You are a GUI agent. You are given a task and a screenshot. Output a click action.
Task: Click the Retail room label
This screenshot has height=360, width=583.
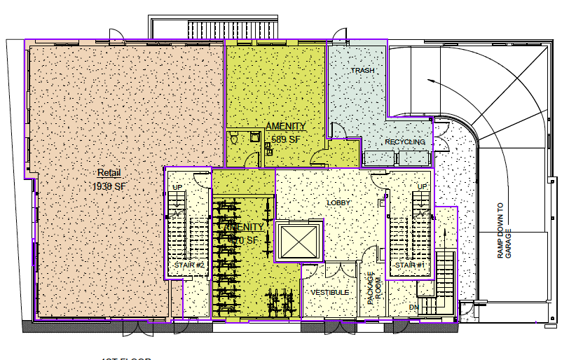[x=109, y=173]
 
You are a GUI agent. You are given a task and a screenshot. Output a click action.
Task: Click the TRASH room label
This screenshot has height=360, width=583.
[x=362, y=71]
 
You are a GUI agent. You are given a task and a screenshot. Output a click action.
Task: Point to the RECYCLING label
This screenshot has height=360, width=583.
[x=405, y=142]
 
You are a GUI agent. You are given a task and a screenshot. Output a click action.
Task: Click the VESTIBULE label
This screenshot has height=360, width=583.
[x=330, y=292]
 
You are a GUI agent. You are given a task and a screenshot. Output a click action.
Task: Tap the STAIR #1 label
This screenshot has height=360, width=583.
[x=409, y=265]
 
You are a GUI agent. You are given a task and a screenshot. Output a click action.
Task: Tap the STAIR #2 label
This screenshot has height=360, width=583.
[x=188, y=265]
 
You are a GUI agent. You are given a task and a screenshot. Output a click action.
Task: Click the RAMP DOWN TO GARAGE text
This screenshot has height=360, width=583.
[x=505, y=231]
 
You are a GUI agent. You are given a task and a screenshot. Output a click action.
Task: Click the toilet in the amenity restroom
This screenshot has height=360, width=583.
[x=236, y=139]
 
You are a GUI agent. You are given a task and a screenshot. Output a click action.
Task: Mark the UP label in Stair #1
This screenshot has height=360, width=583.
[x=422, y=186]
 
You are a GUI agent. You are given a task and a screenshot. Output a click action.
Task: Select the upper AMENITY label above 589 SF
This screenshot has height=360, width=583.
[x=285, y=126]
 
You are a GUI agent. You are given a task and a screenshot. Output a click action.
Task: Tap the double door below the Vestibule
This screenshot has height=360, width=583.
[x=336, y=325]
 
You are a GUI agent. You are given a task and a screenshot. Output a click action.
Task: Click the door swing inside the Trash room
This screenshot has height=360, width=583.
[x=337, y=130]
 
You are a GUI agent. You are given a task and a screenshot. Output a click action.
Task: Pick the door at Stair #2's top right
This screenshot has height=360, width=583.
[x=201, y=178]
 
